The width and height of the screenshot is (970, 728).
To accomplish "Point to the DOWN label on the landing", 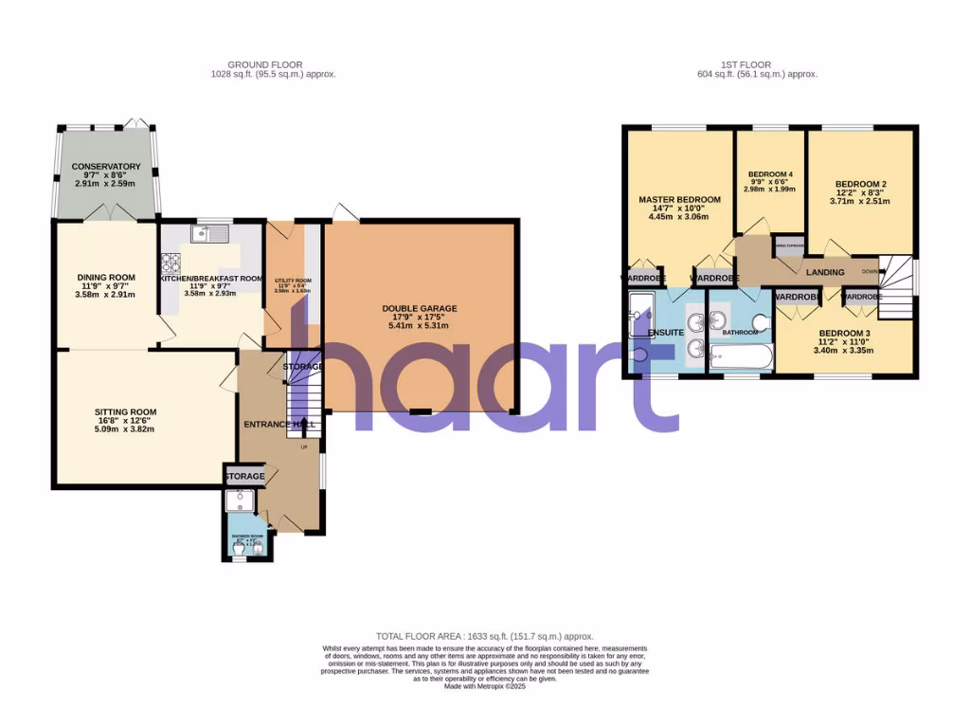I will pyautogui.click(x=870, y=270).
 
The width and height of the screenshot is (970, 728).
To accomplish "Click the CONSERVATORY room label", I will pyautogui.click(x=105, y=167).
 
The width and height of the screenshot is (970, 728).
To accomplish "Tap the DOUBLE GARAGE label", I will pyautogui.click(x=420, y=308).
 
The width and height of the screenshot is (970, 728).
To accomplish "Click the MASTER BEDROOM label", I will pyautogui.click(x=679, y=199).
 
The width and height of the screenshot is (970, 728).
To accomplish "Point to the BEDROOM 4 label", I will pyautogui.click(x=769, y=174).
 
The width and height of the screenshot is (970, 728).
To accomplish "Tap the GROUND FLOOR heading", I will pyautogui.click(x=275, y=64).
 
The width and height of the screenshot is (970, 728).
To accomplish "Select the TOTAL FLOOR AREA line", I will pyautogui.click(x=484, y=636).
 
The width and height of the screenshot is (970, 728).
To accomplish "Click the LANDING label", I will pyautogui.click(x=825, y=273).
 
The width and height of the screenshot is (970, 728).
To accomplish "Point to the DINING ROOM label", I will pyautogui.click(x=105, y=278).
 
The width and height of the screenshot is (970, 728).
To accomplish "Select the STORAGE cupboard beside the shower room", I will pyautogui.click(x=243, y=476).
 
